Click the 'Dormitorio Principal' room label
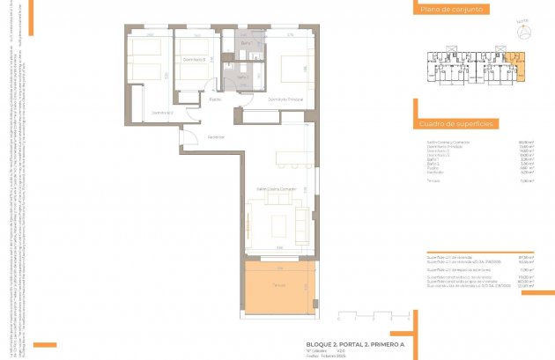pos(285,99)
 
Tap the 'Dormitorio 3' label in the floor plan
pos(195,59)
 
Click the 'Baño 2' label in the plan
pos(243,77)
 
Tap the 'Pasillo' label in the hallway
pos(215,99)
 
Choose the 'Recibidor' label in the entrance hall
pos(216,136)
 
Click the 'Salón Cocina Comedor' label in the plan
pos(276,188)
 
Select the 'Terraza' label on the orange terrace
pos(278,284)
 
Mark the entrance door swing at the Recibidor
pos(189,134)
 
